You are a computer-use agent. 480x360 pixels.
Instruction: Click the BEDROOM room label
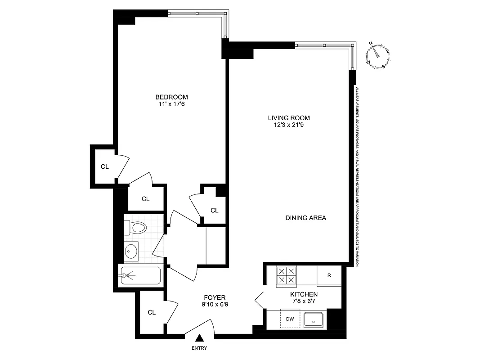[x=171, y=97]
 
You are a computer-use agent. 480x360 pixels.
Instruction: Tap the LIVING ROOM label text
[x=289, y=118]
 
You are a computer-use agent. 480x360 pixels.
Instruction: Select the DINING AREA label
[x=305, y=218]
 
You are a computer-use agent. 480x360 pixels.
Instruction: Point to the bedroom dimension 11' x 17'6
[x=171, y=104]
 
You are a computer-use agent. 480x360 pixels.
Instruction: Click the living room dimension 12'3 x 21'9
[x=289, y=125]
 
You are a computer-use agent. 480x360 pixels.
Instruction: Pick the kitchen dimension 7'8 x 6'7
[x=307, y=301]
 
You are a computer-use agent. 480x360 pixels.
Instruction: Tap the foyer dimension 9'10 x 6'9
[x=215, y=305]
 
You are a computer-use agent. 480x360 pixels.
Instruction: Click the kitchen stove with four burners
[x=287, y=275]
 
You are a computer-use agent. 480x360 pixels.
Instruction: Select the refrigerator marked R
[x=329, y=275]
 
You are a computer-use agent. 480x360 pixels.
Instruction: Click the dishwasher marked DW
[x=290, y=319]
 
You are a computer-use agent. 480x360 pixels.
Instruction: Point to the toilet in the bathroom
[x=136, y=228]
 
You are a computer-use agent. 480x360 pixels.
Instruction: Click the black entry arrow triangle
[x=199, y=339]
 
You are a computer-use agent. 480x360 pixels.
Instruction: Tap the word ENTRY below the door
[x=199, y=348]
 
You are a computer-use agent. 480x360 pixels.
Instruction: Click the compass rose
[x=378, y=55]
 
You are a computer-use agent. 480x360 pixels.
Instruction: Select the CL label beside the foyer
[x=152, y=312]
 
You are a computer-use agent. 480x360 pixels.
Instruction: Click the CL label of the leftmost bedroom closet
[x=104, y=166]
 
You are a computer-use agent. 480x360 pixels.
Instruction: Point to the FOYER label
[x=215, y=297]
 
